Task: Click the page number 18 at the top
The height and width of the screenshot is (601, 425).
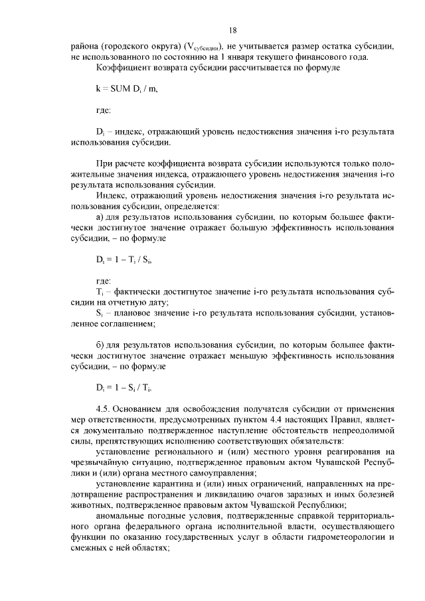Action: click(x=233, y=31)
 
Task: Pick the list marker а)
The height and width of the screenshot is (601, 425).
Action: click(x=101, y=216)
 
